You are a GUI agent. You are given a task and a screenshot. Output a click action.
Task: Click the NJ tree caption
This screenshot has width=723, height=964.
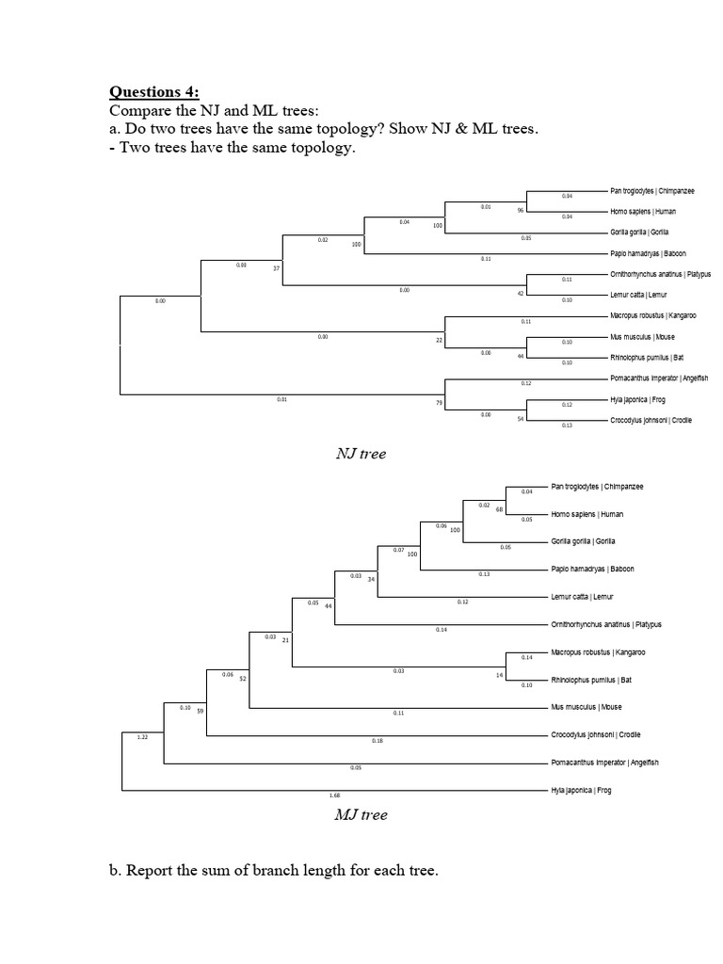(361, 454)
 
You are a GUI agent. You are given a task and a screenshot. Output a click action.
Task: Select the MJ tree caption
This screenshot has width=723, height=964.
(361, 814)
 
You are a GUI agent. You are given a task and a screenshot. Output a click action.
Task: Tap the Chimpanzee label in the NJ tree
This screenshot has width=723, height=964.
(652, 191)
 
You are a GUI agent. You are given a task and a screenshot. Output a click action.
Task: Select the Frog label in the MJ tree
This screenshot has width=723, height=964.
(581, 790)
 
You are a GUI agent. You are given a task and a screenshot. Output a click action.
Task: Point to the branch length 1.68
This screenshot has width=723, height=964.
(334, 795)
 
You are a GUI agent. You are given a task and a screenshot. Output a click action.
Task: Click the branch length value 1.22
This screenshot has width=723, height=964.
(143, 737)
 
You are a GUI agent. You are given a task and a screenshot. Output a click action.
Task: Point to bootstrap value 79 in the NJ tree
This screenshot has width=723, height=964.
(439, 403)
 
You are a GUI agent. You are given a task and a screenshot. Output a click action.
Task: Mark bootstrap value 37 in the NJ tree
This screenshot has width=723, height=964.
(277, 269)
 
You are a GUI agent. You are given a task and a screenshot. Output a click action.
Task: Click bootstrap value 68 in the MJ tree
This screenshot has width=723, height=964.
(500, 509)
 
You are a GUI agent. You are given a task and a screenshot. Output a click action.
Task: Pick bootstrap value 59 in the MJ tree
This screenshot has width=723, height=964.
(200, 711)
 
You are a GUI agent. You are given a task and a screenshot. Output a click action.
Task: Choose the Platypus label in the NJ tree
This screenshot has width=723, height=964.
(661, 274)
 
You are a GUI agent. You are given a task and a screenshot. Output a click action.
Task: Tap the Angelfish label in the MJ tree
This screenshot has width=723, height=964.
(604, 763)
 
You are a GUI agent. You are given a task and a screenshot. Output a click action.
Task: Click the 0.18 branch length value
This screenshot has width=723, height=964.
(378, 741)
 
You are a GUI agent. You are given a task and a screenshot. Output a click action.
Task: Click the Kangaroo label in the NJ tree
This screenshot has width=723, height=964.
(652, 315)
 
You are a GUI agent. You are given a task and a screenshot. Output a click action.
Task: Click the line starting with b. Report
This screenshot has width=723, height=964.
(274, 871)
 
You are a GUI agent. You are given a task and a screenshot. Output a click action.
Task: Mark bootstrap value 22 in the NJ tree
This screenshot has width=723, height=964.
(439, 339)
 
